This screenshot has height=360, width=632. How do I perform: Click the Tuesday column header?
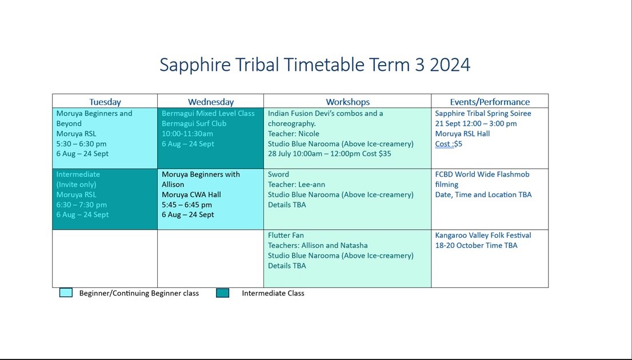[105, 102]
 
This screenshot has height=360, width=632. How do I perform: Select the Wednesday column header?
[211, 102]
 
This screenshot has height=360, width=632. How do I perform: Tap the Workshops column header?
[347, 102]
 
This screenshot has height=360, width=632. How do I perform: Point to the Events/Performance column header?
[490, 102]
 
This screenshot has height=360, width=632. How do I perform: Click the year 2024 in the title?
[450, 65]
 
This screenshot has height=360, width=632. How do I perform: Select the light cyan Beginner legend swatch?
[66, 293]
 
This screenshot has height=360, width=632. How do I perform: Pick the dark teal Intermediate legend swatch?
[223, 293]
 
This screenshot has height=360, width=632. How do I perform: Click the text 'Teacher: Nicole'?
[294, 134]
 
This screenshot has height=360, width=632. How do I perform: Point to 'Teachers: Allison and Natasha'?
[318, 246]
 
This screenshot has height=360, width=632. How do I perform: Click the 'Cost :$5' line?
[449, 144]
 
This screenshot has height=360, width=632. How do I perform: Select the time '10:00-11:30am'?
[187, 134]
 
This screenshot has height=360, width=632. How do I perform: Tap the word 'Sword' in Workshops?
[278, 174]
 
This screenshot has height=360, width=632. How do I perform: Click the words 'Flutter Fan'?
[286, 235]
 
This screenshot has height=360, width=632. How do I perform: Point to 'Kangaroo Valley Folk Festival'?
[483, 235]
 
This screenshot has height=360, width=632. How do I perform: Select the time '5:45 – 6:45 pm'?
[187, 205]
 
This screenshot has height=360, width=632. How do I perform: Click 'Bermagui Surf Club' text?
[194, 123]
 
